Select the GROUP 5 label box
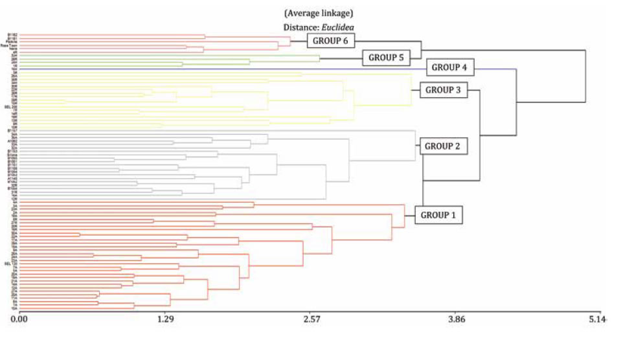(x=386, y=58)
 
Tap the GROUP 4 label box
(x=453, y=67)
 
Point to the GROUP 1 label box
(x=438, y=214)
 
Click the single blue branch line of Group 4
(x=259, y=69)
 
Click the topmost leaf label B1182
(x=12, y=35)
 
